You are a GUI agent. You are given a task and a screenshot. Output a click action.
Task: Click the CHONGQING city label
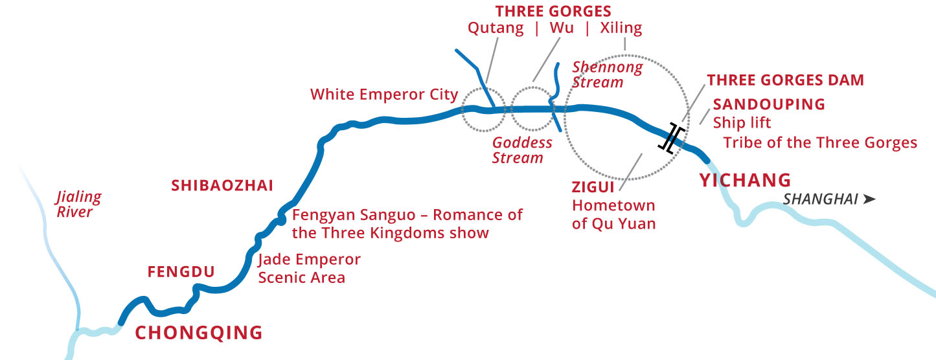pos(198,333)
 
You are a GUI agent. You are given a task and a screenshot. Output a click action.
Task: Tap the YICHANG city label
pos(745,180)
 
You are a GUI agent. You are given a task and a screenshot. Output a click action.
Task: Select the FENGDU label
pos(181,272)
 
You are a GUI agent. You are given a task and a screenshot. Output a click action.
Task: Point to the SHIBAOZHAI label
pos(222,186)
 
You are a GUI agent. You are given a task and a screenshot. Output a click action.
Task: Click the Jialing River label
pos(78,204)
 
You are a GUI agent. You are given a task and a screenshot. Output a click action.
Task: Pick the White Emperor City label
pos(384,95)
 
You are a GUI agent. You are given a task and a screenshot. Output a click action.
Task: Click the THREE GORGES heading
pos(553,11)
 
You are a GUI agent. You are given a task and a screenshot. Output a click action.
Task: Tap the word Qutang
pos(496,29)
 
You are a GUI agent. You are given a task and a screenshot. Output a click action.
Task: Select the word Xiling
pos(621,29)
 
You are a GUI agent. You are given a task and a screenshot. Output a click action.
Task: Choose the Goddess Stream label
pos(522,150)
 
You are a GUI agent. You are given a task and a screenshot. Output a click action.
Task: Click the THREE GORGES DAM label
pos(785,80)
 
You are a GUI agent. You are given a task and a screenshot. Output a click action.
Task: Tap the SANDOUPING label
pos(769,104)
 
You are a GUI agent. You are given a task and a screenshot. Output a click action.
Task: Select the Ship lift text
pos(742,122)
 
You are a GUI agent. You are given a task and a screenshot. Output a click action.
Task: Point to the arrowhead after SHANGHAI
pos(869,199)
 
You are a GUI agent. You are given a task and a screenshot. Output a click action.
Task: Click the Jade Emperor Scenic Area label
pos(309,269)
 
